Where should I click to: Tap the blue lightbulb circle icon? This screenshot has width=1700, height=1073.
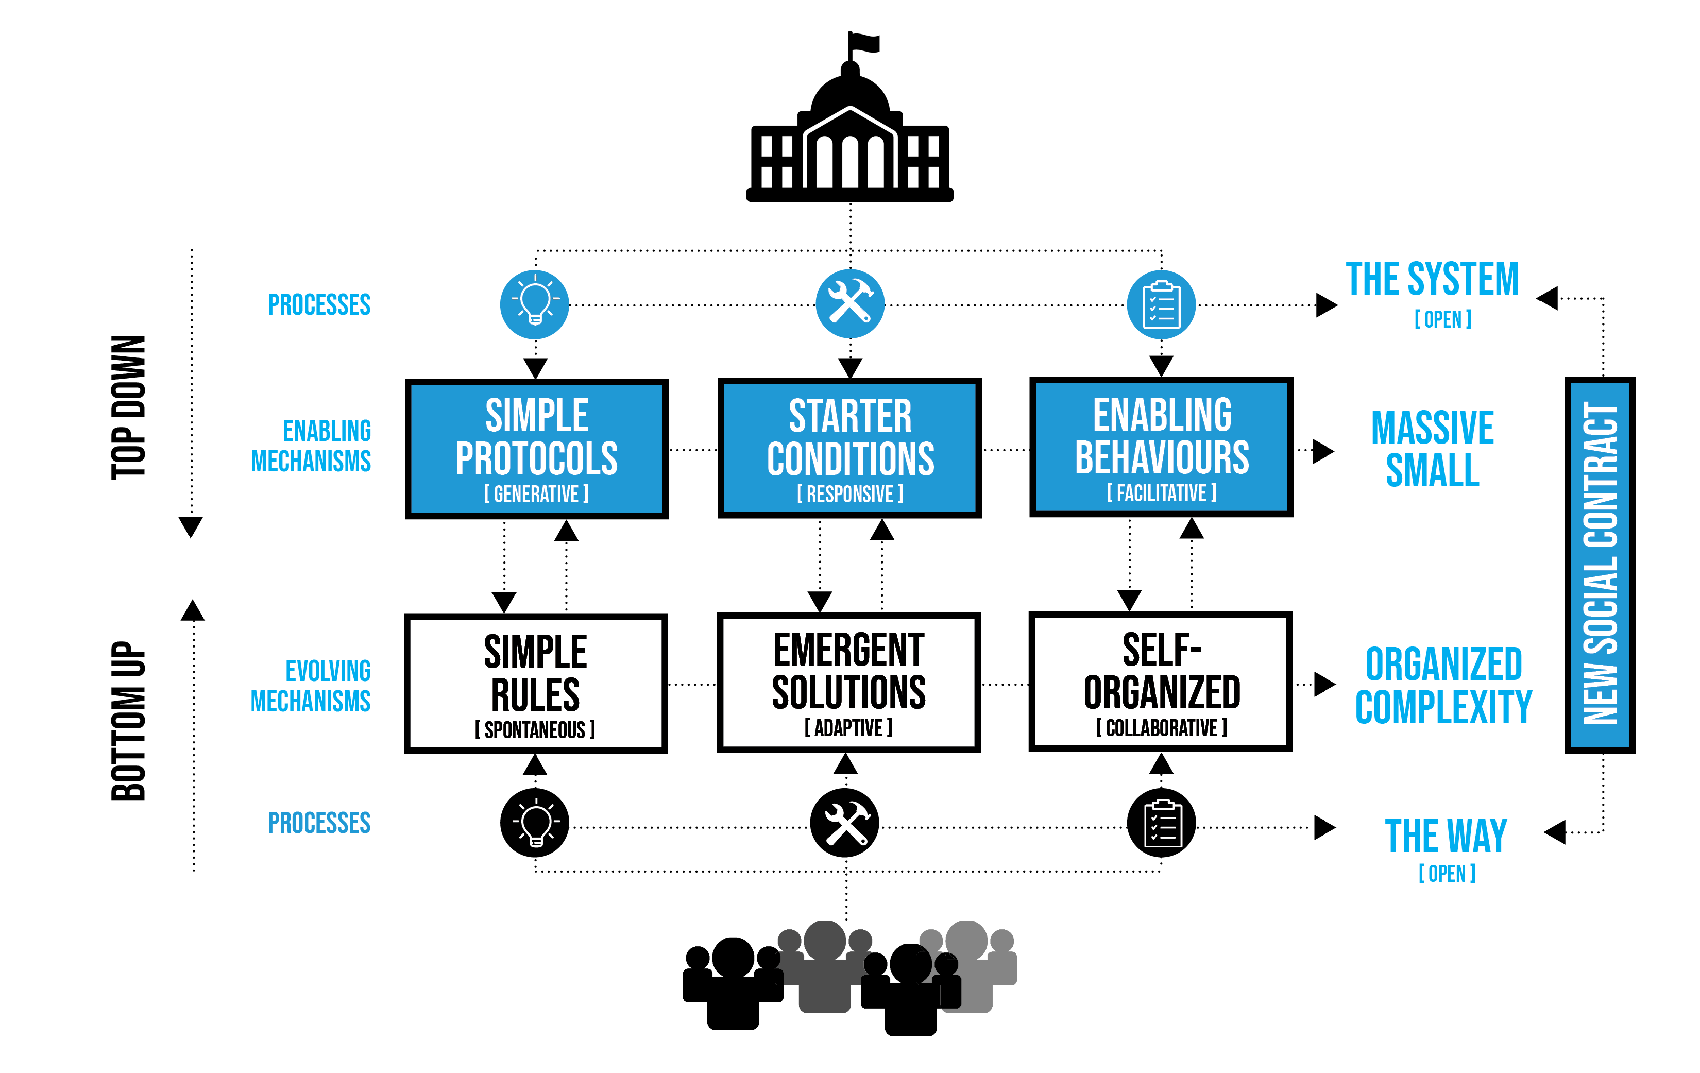[534, 304]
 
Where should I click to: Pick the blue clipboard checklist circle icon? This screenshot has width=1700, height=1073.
[1161, 304]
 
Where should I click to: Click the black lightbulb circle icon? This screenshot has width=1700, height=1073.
[534, 823]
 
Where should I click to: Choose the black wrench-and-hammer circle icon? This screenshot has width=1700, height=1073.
[844, 823]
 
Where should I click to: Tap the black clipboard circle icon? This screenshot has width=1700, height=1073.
[1161, 823]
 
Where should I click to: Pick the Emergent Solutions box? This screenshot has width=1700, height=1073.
[848, 682]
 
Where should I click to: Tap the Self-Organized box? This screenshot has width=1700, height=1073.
[1161, 681]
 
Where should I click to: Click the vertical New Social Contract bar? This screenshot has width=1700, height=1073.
[1599, 565]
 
